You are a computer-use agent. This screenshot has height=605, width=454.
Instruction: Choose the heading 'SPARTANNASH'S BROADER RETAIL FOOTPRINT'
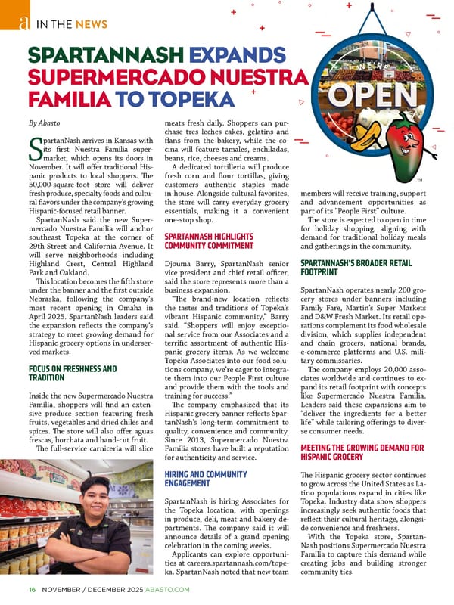pyautogui.click(x=355, y=266)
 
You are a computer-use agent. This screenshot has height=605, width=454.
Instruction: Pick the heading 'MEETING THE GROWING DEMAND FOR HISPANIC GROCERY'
pyautogui.click(x=362, y=452)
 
